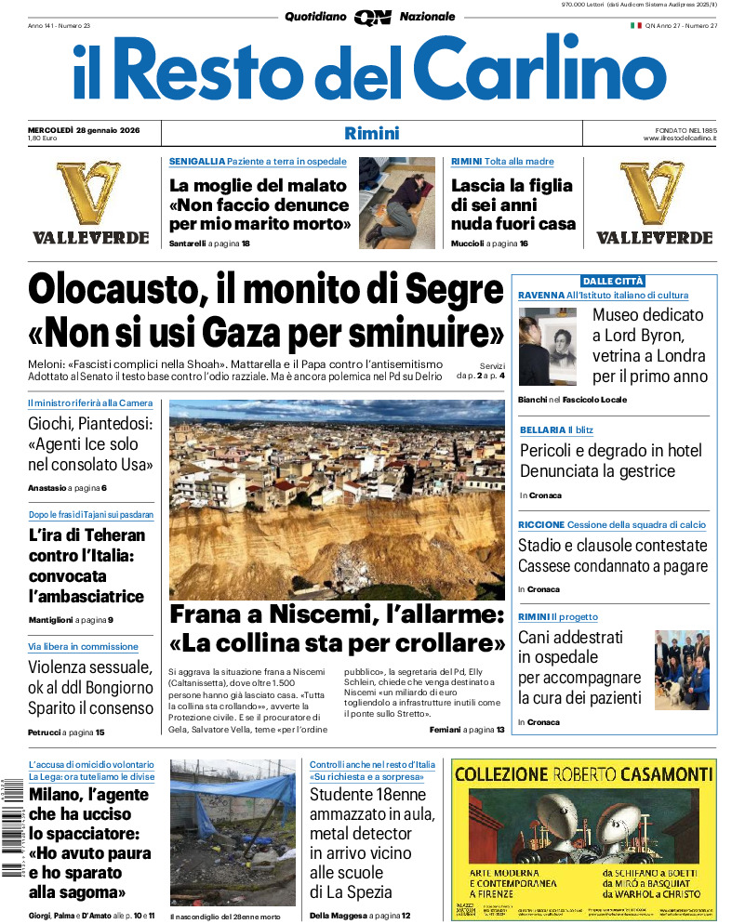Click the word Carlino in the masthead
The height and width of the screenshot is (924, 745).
click(527, 70)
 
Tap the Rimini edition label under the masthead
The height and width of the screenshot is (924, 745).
click(371, 133)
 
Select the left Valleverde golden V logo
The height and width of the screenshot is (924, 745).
click(90, 192)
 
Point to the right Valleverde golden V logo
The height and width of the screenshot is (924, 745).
click(653, 192)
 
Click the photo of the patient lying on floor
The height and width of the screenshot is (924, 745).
click(396, 203)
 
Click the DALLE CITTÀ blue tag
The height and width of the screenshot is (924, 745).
click(613, 281)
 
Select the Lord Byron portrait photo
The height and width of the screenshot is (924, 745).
click(550, 347)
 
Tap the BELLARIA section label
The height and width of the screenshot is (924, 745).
click(541, 429)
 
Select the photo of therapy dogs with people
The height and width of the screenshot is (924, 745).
click(682, 669)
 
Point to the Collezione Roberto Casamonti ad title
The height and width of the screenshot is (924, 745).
click(583, 773)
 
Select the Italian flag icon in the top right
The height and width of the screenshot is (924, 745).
click(636, 25)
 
